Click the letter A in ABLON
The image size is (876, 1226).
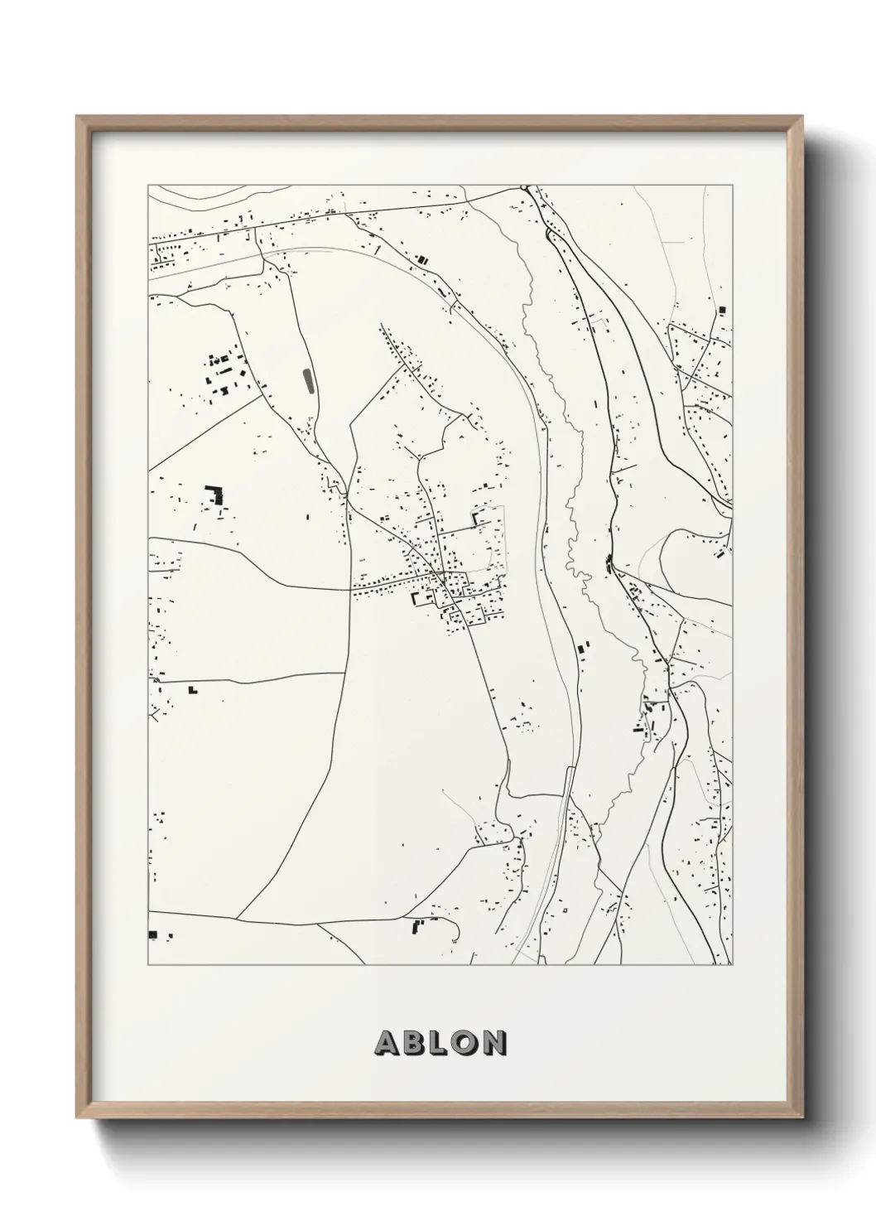pyautogui.click(x=387, y=1043)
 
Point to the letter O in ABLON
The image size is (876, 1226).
pyautogui.click(x=465, y=1043)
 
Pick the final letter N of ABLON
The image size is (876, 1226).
pyautogui.click(x=493, y=1043)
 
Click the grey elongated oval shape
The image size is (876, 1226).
pyautogui.click(x=309, y=382)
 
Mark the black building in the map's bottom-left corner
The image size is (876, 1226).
pyautogui.click(x=152, y=934)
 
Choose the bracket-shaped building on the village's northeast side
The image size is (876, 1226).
pyautogui.click(x=478, y=519)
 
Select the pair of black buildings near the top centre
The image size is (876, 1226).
pyautogui.click(x=422, y=260)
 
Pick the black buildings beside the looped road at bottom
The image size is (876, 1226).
pyautogui.click(x=417, y=926)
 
